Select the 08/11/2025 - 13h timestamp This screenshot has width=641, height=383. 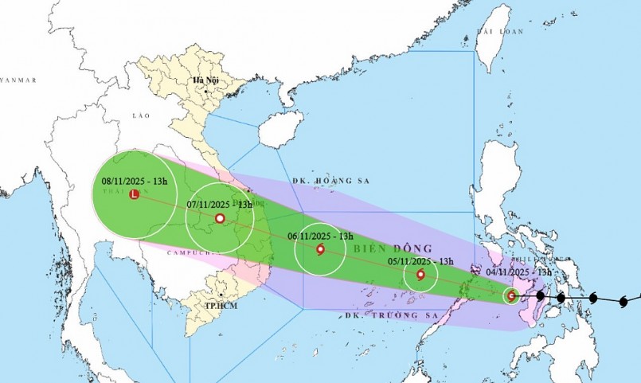(135, 182)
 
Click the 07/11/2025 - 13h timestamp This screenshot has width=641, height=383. (219, 204)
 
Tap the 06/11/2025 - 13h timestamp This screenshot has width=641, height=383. (320, 236)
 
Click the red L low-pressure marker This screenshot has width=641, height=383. (135, 194)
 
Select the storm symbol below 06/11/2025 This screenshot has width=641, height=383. (320, 250)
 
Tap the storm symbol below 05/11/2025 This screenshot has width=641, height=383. (420, 275)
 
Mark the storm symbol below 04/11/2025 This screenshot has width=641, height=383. (511, 297)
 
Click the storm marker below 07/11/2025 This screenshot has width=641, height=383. (219, 218)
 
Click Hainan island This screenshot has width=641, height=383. (281, 128)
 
